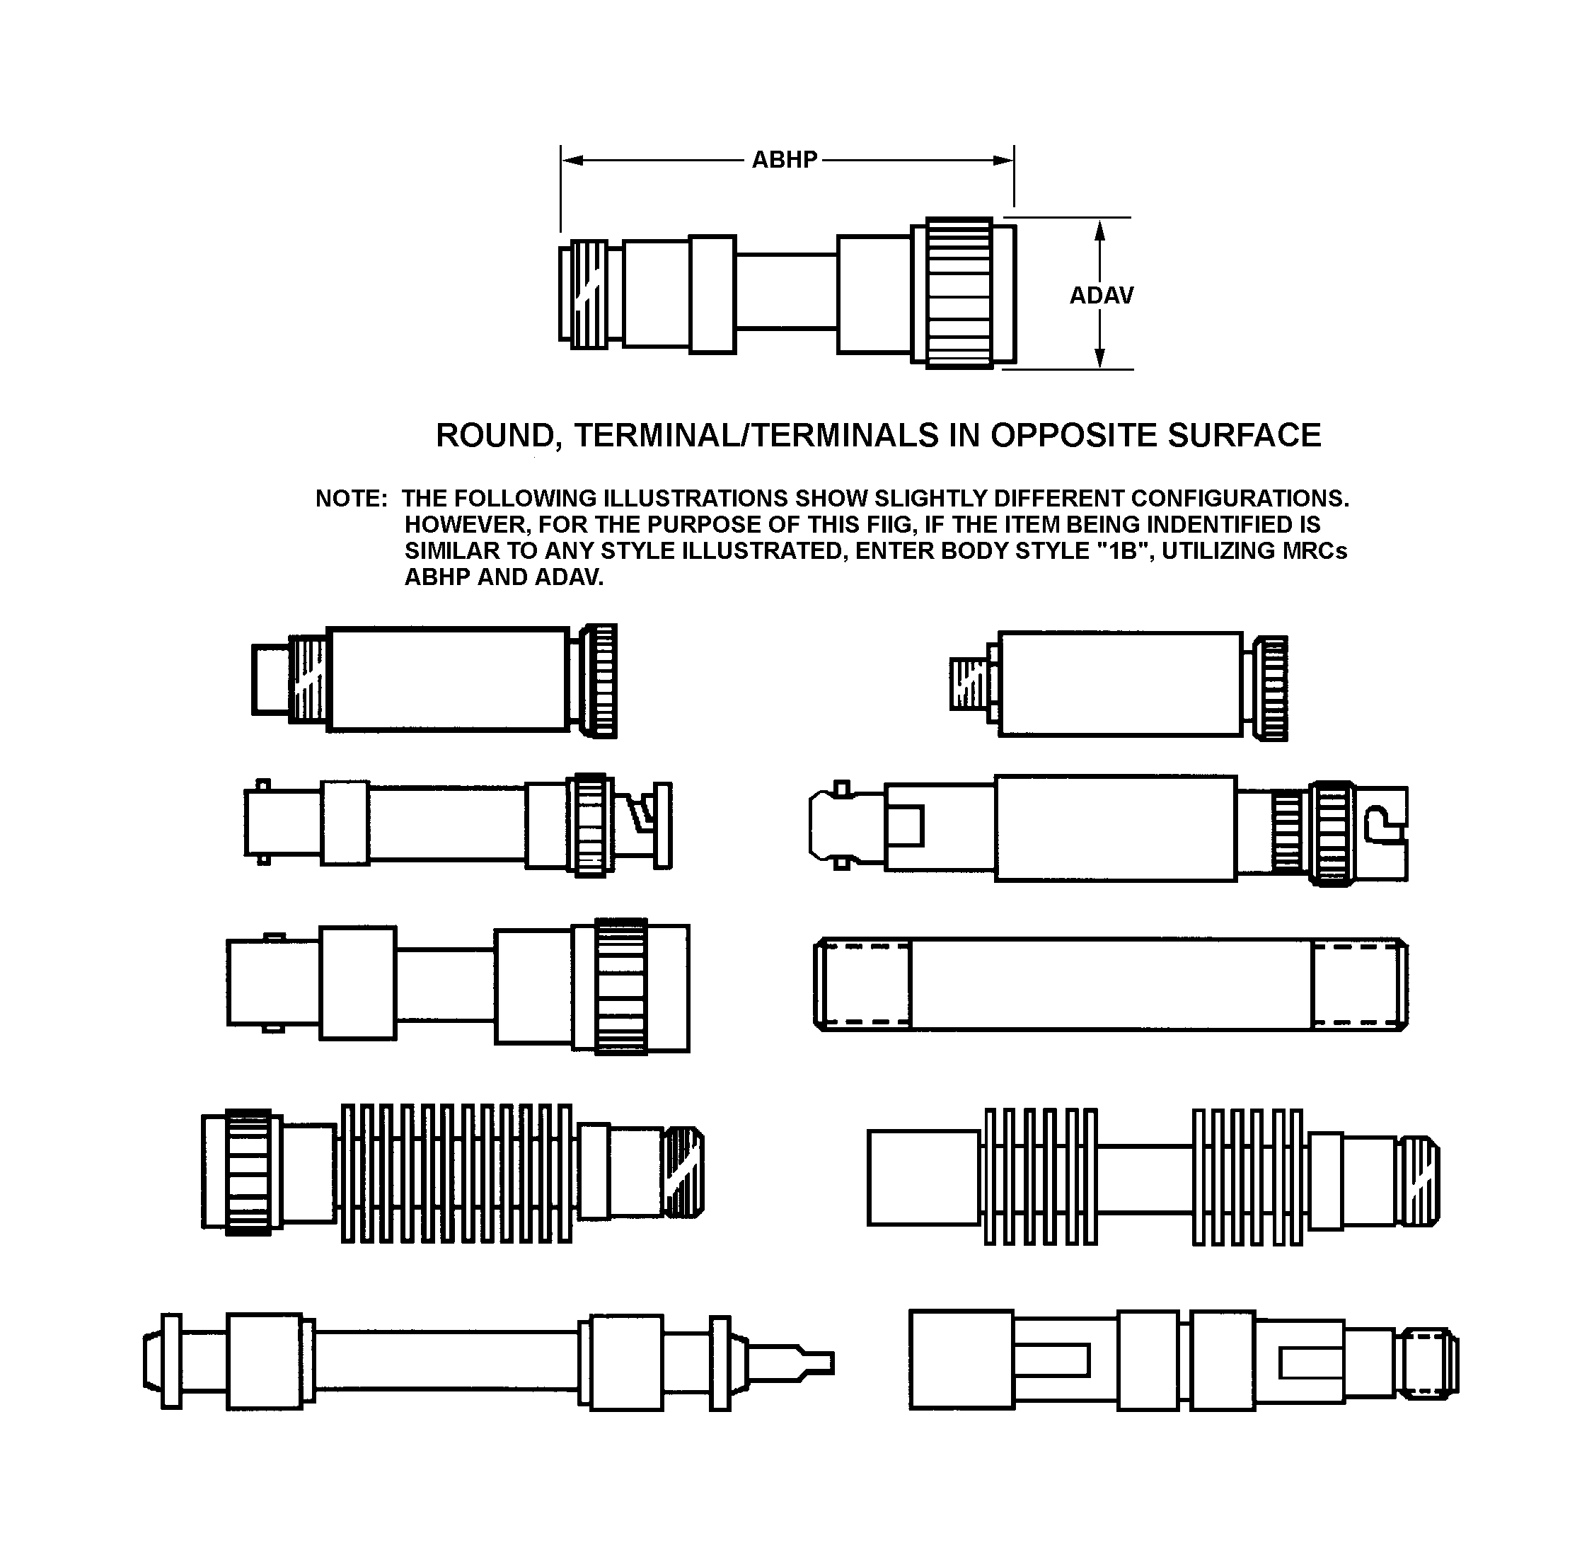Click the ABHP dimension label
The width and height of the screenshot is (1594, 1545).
[784, 159]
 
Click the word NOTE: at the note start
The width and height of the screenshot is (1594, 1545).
[352, 499]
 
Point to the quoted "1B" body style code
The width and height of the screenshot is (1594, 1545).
[1121, 550]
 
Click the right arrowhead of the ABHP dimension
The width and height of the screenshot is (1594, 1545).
[1003, 160]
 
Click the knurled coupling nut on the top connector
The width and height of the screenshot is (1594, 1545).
[959, 293]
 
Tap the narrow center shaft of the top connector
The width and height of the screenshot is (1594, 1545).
[787, 292]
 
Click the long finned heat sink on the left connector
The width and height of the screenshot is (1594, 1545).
[457, 1174]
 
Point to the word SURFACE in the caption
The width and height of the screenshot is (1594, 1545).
[1244, 436]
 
